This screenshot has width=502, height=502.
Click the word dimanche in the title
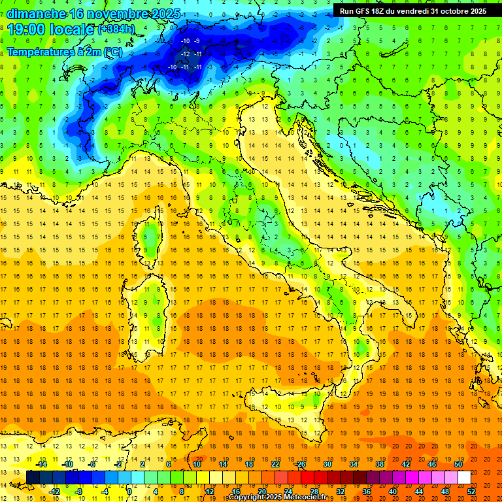(x=36, y=14)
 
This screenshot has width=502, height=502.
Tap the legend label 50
(x=458, y=464)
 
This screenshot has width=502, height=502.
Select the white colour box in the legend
(x=464, y=477)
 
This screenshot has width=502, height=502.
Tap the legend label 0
(x=129, y=491)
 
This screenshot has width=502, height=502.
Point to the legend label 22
(x=275, y=464)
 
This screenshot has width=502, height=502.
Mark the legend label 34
(x=353, y=464)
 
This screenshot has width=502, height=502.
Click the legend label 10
(x=197, y=464)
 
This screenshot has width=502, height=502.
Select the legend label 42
(x=405, y=464)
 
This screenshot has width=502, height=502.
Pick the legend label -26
(x=300, y=464)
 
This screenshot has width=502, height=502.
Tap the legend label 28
(x=314, y=491)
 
